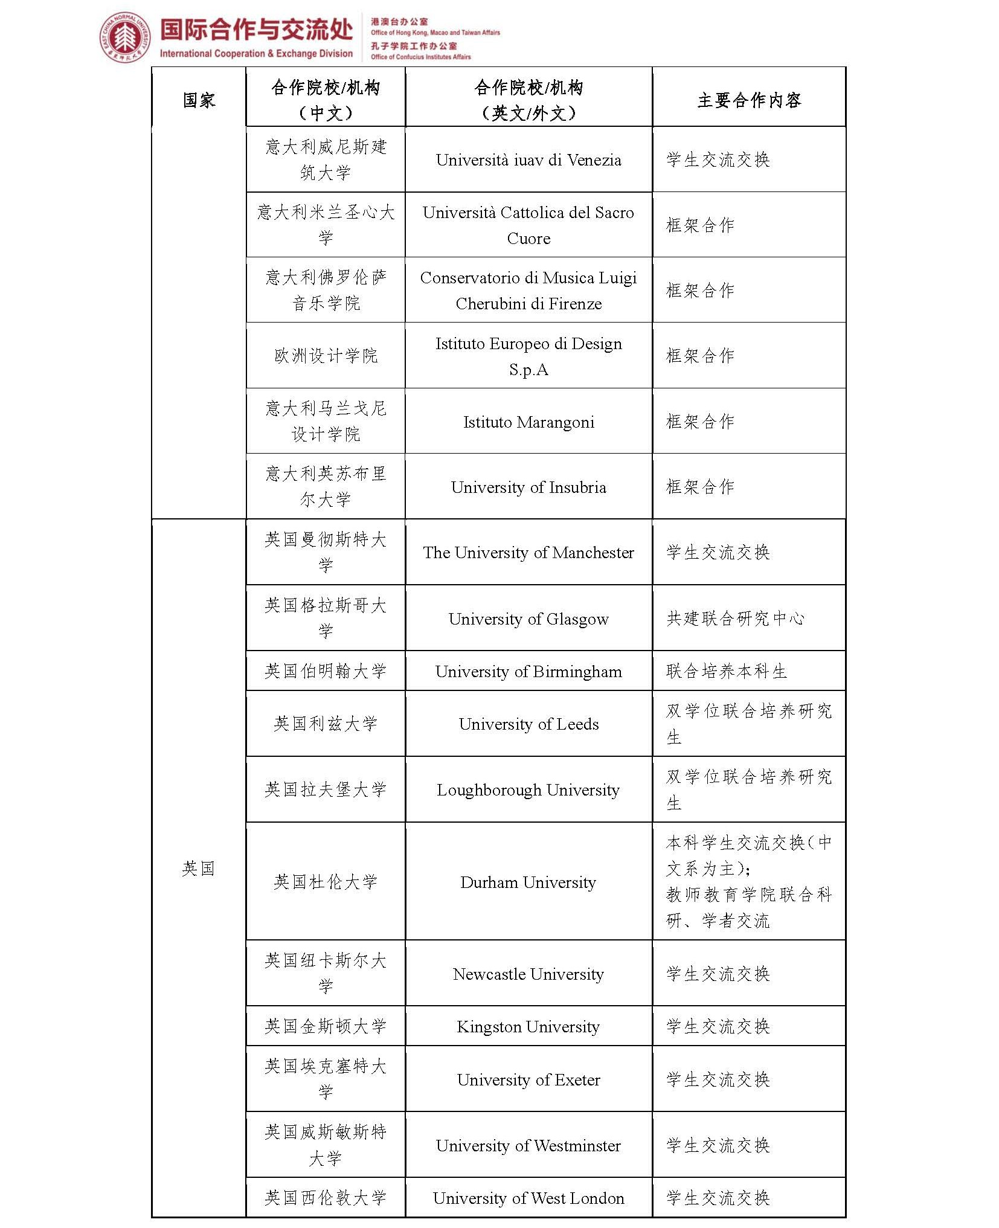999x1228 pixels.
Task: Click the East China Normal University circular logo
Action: [125, 37]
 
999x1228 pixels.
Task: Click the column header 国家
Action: [199, 100]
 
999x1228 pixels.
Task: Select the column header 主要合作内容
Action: [748, 100]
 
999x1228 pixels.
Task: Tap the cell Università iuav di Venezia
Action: [528, 160]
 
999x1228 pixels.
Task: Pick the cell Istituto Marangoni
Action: [528, 422]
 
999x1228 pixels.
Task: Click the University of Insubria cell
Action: [528, 487]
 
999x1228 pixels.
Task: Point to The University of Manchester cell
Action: [528, 553]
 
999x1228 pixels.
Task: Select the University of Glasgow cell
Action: [528, 619]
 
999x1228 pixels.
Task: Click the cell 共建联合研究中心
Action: [735, 619]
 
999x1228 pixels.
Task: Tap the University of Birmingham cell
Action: [528, 672]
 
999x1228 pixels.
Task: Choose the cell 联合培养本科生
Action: [727, 671]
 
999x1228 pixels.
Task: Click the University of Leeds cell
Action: [528, 724]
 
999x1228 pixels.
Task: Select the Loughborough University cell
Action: [528, 790]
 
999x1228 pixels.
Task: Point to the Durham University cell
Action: [528, 882]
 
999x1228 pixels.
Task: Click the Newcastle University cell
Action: [528, 974]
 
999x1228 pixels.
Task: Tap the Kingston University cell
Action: [528, 1027]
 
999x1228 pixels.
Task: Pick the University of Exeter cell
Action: [528, 1080]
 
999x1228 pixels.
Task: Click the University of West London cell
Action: [528, 1198]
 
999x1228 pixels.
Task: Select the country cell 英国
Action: [199, 869]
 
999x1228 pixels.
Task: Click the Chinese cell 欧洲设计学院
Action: [326, 356]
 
